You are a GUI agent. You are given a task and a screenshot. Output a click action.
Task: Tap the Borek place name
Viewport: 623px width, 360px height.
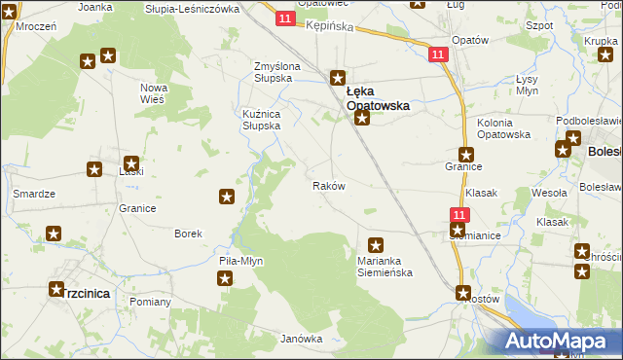[x=188, y=234]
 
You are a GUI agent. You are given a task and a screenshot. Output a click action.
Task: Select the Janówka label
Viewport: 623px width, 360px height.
[x=301, y=339]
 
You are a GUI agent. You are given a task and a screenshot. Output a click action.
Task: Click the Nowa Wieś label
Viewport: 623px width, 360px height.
[x=154, y=93]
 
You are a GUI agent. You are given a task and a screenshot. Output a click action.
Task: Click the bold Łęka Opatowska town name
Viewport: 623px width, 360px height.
[x=378, y=97]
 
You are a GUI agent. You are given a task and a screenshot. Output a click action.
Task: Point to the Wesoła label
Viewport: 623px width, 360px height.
[x=551, y=193]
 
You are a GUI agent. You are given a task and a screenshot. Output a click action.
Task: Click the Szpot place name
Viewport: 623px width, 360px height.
[x=538, y=26]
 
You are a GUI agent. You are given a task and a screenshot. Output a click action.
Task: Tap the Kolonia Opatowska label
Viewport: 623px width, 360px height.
[x=503, y=128]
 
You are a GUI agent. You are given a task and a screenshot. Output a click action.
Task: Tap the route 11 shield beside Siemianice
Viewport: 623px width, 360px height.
[x=460, y=213]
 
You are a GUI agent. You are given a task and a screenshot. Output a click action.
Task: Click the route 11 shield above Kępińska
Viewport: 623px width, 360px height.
[x=283, y=18]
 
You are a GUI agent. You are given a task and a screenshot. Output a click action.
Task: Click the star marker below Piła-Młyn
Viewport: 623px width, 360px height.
[x=226, y=279]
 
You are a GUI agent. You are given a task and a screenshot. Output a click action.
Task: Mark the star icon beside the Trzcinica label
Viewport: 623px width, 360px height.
[x=56, y=290]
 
